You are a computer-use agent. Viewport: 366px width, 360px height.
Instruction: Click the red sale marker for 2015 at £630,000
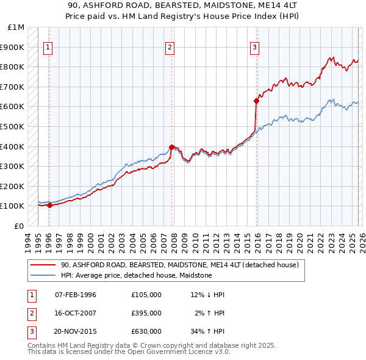256,101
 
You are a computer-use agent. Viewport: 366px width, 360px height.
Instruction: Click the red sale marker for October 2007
172,147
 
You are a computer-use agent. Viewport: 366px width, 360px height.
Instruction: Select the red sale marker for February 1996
49,205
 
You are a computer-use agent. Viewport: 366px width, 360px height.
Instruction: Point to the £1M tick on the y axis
16,27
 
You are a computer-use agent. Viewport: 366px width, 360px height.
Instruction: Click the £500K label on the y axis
13,127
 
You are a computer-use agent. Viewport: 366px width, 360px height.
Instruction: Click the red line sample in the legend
43,265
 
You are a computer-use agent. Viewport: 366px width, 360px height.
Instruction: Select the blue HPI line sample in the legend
43,276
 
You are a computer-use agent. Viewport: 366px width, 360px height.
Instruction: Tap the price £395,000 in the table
146,313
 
